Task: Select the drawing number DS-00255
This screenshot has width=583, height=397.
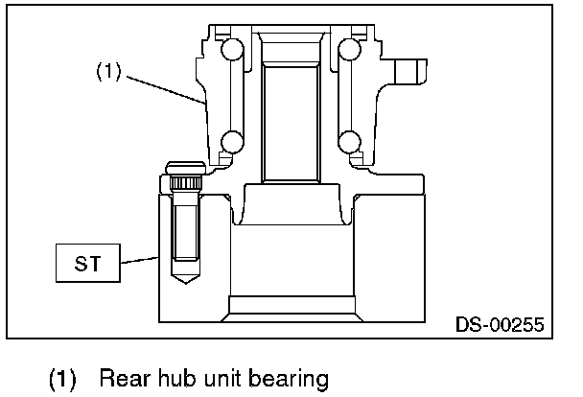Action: [x=499, y=325]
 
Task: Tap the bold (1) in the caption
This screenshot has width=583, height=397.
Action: [x=63, y=379]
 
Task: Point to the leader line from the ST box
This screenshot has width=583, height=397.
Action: [x=140, y=259]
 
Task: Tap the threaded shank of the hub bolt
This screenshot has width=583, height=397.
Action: [x=183, y=230]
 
